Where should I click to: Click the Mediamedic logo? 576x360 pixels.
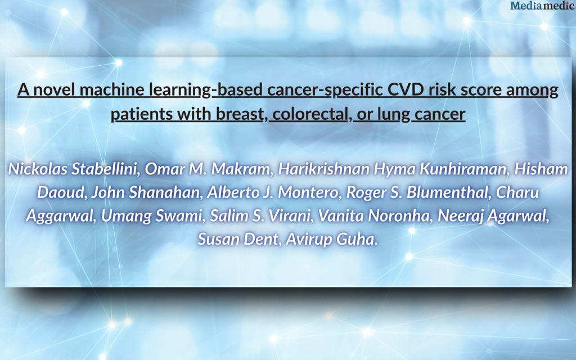point(542,6)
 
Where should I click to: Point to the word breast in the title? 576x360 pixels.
point(240,114)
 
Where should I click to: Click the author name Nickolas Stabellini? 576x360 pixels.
point(74,169)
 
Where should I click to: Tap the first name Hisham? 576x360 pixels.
point(541,169)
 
